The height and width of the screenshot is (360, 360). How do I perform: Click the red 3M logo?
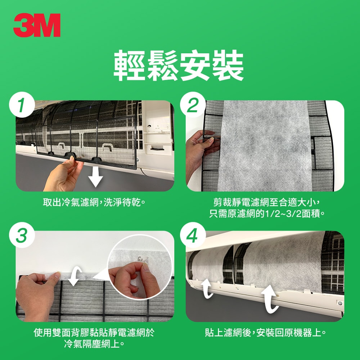tap(37, 26)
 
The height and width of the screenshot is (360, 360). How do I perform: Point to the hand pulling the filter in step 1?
tap(63, 175)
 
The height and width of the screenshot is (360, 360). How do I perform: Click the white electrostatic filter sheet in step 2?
tap(265, 144)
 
